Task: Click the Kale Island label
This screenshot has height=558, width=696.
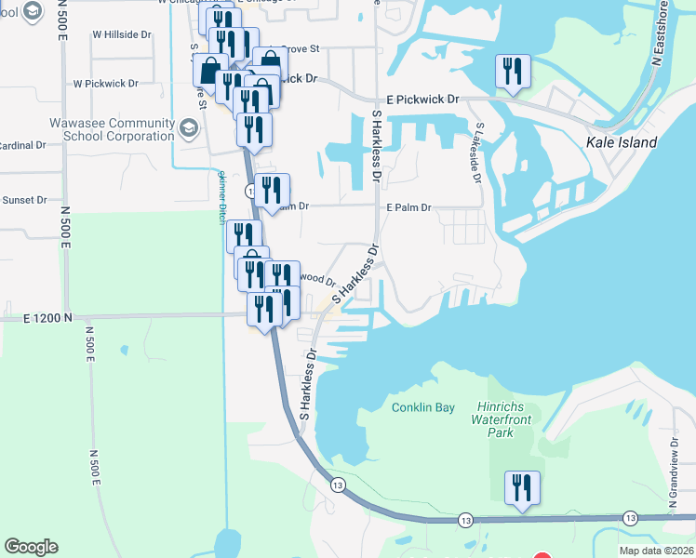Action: (x=622, y=143)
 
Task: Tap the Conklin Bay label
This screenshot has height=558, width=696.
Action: (x=422, y=407)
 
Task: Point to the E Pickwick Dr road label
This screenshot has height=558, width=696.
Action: (x=422, y=99)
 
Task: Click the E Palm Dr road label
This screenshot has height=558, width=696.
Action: (x=408, y=207)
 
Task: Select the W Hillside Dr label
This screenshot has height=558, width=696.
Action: (x=121, y=34)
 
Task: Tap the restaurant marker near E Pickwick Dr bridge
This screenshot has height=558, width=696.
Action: (x=513, y=72)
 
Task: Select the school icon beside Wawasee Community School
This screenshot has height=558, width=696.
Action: (x=189, y=128)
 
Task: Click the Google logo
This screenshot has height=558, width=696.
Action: (x=31, y=547)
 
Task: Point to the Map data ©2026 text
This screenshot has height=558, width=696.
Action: (x=656, y=551)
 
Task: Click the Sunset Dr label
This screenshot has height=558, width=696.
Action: (x=24, y=200)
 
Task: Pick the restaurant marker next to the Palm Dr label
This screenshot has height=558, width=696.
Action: (x=271, y=191)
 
